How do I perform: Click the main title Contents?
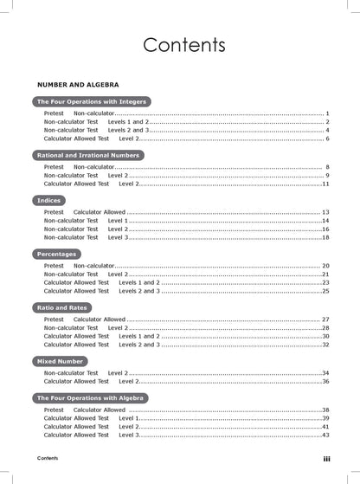(x=184, y=44)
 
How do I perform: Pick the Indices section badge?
(x=48, y=200)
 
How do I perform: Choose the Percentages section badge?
(x=56, y=254)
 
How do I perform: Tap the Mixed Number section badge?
(x=61, y=360)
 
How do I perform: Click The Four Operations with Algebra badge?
(x=92, y=397)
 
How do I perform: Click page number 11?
(x=325, y=184)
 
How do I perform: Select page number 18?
(x=325, y=237)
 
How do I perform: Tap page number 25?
(x=325, y=291)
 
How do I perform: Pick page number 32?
(x=325, y=345)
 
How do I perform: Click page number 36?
(x=325, y=381)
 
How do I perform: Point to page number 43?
(x=325, y=435)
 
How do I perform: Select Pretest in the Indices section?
(x=54, y=212)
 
